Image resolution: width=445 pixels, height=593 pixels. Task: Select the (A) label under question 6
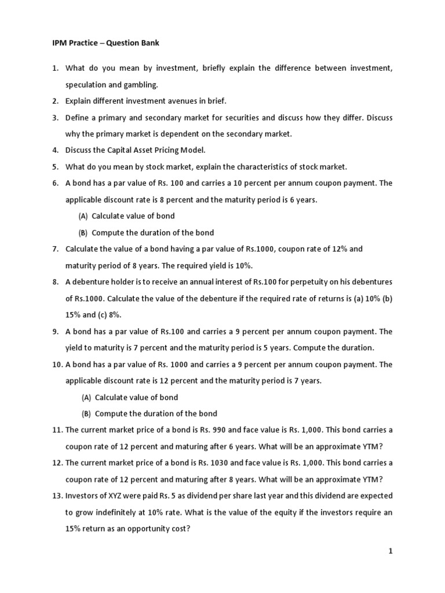[x=83, y=216]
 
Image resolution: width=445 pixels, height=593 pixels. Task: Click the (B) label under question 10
[x=86, y=413]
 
